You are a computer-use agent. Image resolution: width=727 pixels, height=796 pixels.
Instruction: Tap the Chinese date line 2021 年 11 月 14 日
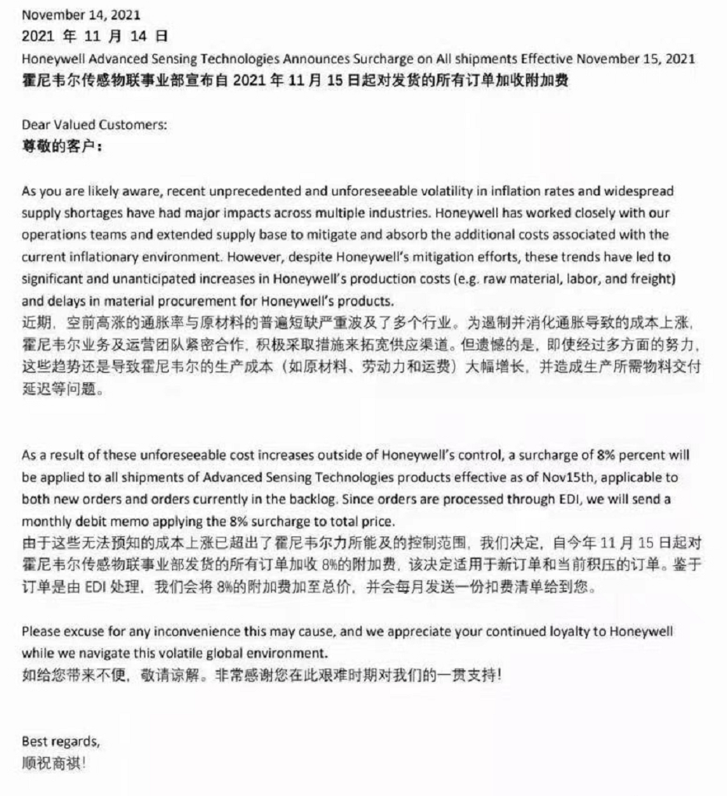94,36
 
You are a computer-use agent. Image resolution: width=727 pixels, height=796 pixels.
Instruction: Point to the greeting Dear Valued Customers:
94,124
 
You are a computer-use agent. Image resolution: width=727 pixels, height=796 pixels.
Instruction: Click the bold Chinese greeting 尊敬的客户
61,145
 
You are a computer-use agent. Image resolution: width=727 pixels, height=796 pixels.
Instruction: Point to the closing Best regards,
60,740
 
